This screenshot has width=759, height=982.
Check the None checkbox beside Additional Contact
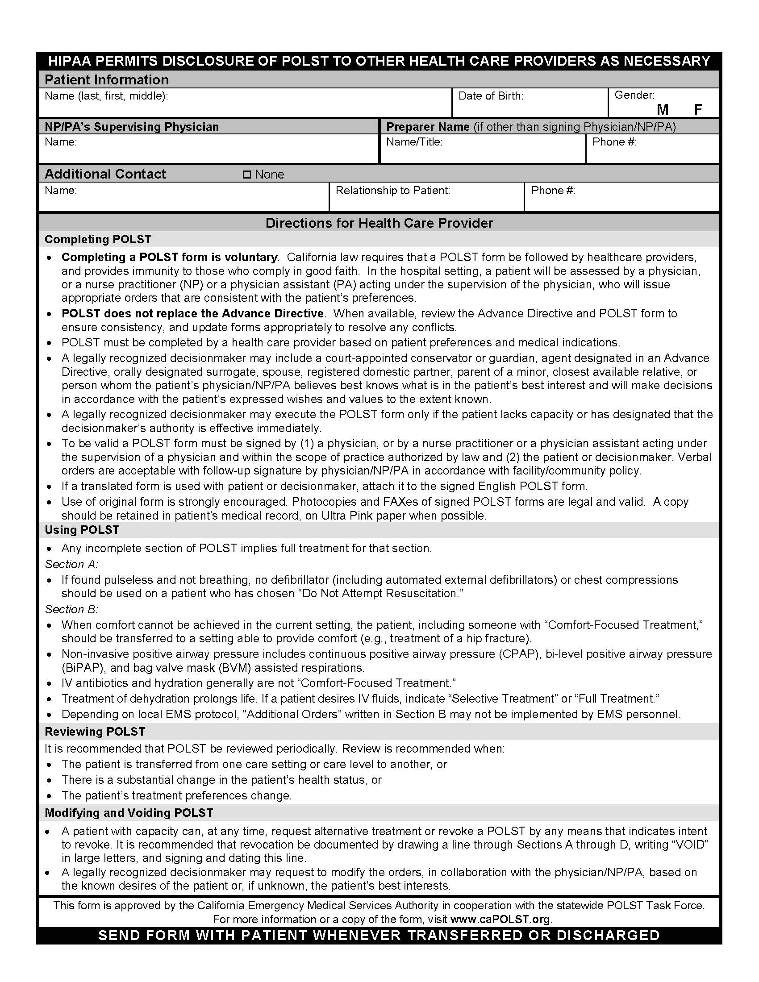246,175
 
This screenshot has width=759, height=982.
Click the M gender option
662,109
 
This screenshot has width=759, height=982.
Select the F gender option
698,109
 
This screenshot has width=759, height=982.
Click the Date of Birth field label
491,96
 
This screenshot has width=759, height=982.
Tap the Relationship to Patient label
392,191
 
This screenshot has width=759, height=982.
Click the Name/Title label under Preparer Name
414,142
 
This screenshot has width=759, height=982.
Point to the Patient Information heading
107,79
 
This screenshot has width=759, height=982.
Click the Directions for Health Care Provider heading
379,223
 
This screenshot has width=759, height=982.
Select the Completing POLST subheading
98,239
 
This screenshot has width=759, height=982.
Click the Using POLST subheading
82,530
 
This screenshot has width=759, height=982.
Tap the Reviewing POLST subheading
95,732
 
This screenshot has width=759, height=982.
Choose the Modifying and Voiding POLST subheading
129,813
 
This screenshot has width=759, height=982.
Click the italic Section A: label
71,564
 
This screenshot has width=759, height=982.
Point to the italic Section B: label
71,609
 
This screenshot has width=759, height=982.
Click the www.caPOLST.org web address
500,919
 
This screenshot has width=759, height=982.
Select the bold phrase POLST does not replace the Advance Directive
192,313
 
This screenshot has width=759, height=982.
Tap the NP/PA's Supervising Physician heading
131,127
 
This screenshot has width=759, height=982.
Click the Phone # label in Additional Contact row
553,191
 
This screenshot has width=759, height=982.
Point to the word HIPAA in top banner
69,61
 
